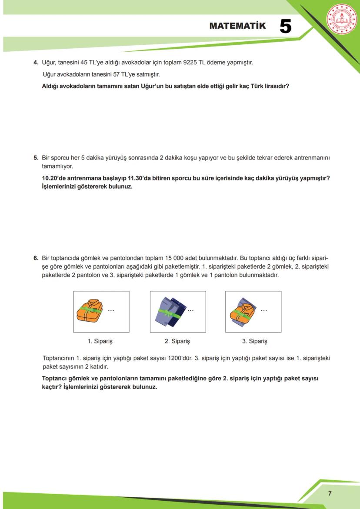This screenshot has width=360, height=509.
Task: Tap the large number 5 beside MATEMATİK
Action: pyautogui.click(x=285, y=26)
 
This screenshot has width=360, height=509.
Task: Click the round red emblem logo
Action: pyautogui.click(x=341, y=19)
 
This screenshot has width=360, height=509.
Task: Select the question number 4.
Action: pyautogui.click(x=36, y=63)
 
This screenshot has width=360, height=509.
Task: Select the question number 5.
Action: pyautogui.click(x=36, y=157)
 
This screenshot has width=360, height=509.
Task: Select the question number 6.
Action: pyautogui.click(x=36, y=258)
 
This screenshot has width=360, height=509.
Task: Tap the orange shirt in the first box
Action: pyautogui.click(x=90, y=310)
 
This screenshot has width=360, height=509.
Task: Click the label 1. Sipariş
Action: pyautogui.click(x=100, y=341)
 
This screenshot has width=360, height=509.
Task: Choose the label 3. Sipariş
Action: pyautogui.click(x=254, y=341)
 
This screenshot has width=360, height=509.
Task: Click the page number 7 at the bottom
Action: pyautogui.click(x=330, y=493)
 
